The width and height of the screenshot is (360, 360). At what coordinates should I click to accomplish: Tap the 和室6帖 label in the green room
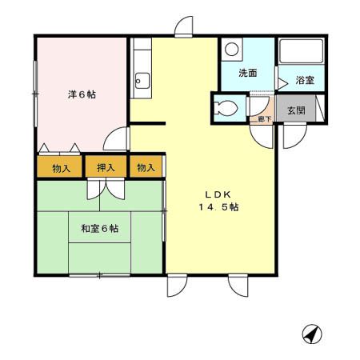(99, 228)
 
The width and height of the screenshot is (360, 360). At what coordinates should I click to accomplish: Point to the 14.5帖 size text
(218, 208)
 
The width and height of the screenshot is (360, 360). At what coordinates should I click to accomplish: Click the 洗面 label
(247, 74)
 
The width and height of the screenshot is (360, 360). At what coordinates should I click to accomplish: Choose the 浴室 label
(304, 80)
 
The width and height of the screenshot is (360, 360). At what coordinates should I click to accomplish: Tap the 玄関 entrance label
(296, 111)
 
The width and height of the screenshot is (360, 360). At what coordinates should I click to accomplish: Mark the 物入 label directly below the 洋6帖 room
(62, 168)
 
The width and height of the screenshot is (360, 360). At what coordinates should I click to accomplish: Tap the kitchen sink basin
(142, 79)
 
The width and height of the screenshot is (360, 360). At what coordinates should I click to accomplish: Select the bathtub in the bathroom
(299, 53)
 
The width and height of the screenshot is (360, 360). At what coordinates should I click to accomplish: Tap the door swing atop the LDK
(183, 26)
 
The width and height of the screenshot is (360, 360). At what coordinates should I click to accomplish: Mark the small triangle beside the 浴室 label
(282, 81)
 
